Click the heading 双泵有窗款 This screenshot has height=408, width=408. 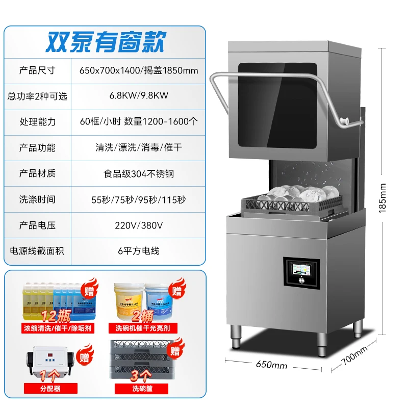click(x=106, y=42)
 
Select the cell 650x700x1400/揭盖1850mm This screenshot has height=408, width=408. click(x=138, y=70)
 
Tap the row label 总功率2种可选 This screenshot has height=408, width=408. click(x=37, y=96)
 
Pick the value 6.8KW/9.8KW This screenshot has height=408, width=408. click(x=138, y=96)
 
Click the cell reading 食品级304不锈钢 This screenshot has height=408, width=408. click(x=138, y=173)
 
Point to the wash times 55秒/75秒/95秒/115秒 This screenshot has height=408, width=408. click(x=138, y=199)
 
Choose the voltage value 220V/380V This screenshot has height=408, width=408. click(x=138, y=225)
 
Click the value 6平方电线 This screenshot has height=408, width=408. click(x=138, y=250)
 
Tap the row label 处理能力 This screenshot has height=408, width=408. click(x=37, y=122)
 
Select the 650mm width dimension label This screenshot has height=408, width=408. click(x=272, y=366)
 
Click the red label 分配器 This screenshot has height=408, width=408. click(x=50, y=389)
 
